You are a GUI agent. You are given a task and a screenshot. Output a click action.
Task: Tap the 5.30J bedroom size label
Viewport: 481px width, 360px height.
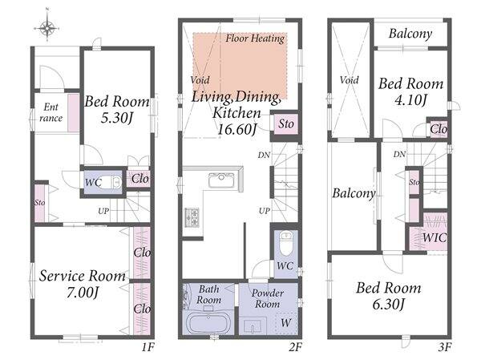pos(116,118)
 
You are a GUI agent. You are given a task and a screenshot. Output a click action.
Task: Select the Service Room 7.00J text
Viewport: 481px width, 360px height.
pos(83,284)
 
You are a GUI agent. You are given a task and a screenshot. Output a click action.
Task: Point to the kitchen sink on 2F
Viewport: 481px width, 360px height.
pos(221,180)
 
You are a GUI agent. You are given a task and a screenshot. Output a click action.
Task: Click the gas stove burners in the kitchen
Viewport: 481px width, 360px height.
pos(192,217)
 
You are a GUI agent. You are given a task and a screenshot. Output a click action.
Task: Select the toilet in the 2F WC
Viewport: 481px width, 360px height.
pos(286,241)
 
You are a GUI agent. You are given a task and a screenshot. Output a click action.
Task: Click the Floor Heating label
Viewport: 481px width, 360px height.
pos(255,38)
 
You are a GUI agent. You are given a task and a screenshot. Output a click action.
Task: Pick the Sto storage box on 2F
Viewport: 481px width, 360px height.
pos(285,124)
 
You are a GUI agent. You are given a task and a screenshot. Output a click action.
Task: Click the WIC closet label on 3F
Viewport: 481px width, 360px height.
pos(435,237)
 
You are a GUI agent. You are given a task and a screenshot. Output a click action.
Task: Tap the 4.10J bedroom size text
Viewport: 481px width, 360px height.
pos(410,100)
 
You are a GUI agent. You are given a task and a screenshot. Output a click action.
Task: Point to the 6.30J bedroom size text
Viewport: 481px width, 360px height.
pos(389,304)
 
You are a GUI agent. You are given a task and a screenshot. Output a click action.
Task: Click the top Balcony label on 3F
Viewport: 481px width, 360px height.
pos(410,34)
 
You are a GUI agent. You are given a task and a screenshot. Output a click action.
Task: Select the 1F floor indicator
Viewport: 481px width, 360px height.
pos(148,347)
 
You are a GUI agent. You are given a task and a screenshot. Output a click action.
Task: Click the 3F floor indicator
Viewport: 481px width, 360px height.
pos(444,347)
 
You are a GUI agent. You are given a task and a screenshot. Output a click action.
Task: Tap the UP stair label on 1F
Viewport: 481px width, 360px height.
pos(103,211)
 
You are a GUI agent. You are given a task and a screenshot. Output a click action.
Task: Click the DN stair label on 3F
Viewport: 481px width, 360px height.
pos(399,154)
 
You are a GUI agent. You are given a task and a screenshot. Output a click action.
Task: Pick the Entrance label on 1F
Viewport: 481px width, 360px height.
pos(51,112)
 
